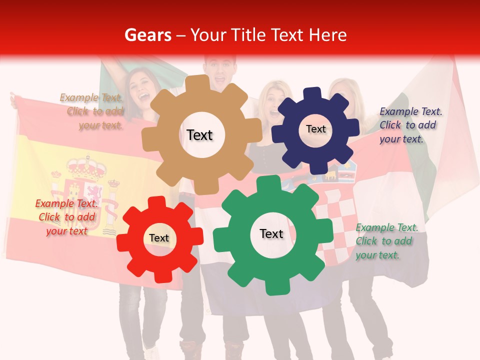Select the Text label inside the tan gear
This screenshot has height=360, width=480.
(x=199, y=135)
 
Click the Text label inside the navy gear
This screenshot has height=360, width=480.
(x=315, y=129)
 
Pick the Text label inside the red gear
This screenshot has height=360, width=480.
(x=159, y=238)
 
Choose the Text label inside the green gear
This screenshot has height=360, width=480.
(x=271, y=233)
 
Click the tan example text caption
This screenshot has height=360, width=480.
(x=92, y=111)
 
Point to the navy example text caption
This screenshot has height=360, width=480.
(x=410, y=125)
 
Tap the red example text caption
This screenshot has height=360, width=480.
(x=66, y=217)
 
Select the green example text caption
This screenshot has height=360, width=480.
(x=386, y=241)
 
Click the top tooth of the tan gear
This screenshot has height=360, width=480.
(x=201, y=82)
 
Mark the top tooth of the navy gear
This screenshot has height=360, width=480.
(x=313, y=93)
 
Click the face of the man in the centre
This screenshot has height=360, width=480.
(x=220, y=72)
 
